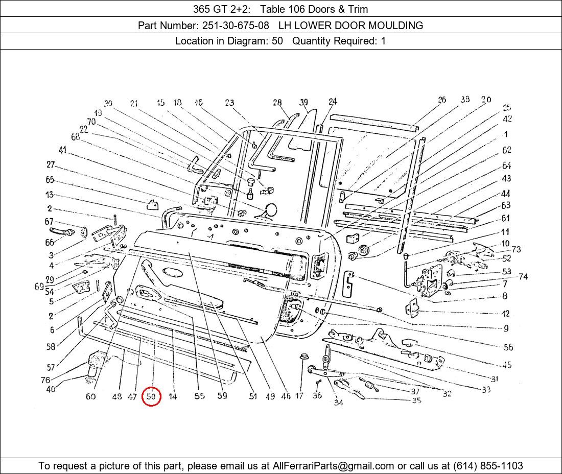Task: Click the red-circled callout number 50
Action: coord(152,396)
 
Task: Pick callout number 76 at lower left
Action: coord(45,380)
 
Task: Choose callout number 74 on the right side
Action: coord(523,277)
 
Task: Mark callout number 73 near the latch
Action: coord(516,249)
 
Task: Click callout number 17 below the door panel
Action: coord(299,396)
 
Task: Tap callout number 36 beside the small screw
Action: coord(317,396)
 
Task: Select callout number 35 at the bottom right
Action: coord(416,400)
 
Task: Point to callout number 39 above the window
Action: coord(304,102)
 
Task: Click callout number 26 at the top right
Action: coord(441,100)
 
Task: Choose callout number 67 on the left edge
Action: coord(49,222)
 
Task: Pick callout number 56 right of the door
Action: coord(508,347)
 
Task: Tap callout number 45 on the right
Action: coord(507,365)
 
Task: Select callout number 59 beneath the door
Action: coord(222,395)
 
